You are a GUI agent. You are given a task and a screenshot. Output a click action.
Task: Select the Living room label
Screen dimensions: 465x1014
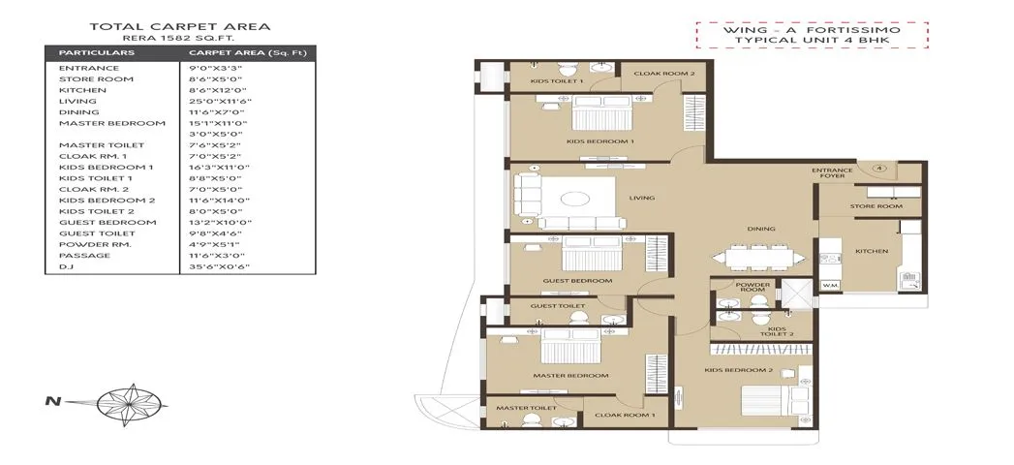(641, 198)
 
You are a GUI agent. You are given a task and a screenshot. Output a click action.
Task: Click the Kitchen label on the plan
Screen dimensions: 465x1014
(871, 251)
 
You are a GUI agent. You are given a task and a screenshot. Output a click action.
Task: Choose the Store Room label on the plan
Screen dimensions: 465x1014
(876, 206)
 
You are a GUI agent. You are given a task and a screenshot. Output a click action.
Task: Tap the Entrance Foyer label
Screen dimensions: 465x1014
(832, 174)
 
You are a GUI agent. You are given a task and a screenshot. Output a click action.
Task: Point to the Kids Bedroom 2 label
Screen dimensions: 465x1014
(738, 370)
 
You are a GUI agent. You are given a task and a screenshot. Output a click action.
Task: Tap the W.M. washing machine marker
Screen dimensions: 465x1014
(829, 286)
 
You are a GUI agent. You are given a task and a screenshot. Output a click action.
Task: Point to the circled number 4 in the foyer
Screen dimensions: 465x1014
(878, 168)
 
